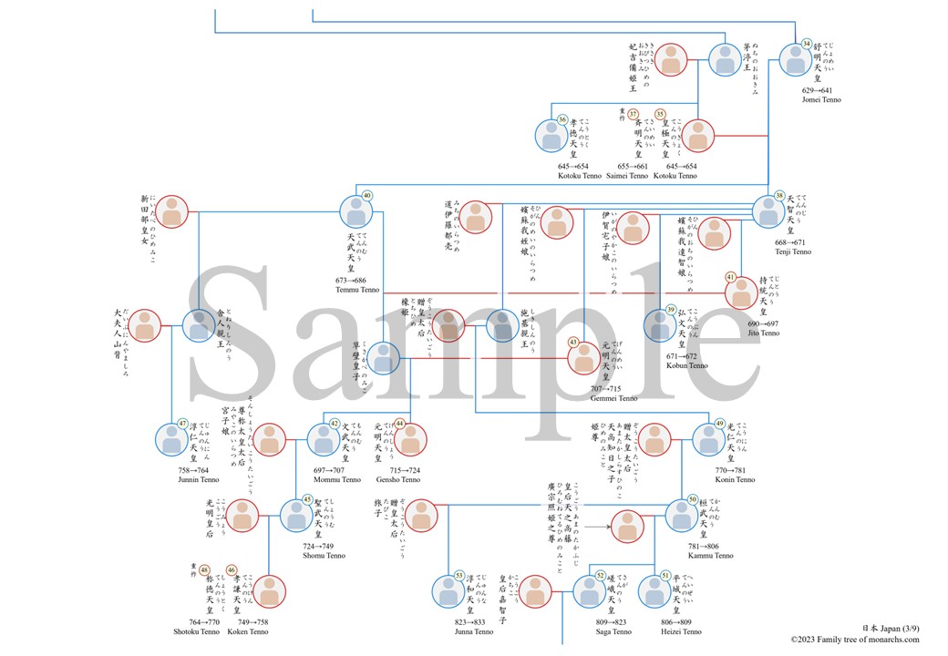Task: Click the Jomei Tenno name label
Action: tap(822, 100)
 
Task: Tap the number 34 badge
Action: tap(806, 45)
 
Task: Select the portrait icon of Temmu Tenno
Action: tap(356, 211)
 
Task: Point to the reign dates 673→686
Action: tap(356, 281)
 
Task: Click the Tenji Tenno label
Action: tap(789, 252)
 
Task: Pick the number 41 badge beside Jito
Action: tap(730, 277)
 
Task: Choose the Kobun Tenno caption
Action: tap(686, 365)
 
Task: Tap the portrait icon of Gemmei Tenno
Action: tap(584, 358)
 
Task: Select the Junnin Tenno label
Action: tap(200, 479)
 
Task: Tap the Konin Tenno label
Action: tap(735, 479)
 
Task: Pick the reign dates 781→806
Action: tap(710, 546)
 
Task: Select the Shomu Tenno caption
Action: tap(324, 555)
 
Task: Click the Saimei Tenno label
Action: tap(627, 176)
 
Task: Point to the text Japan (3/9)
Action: tap(890, 628)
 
